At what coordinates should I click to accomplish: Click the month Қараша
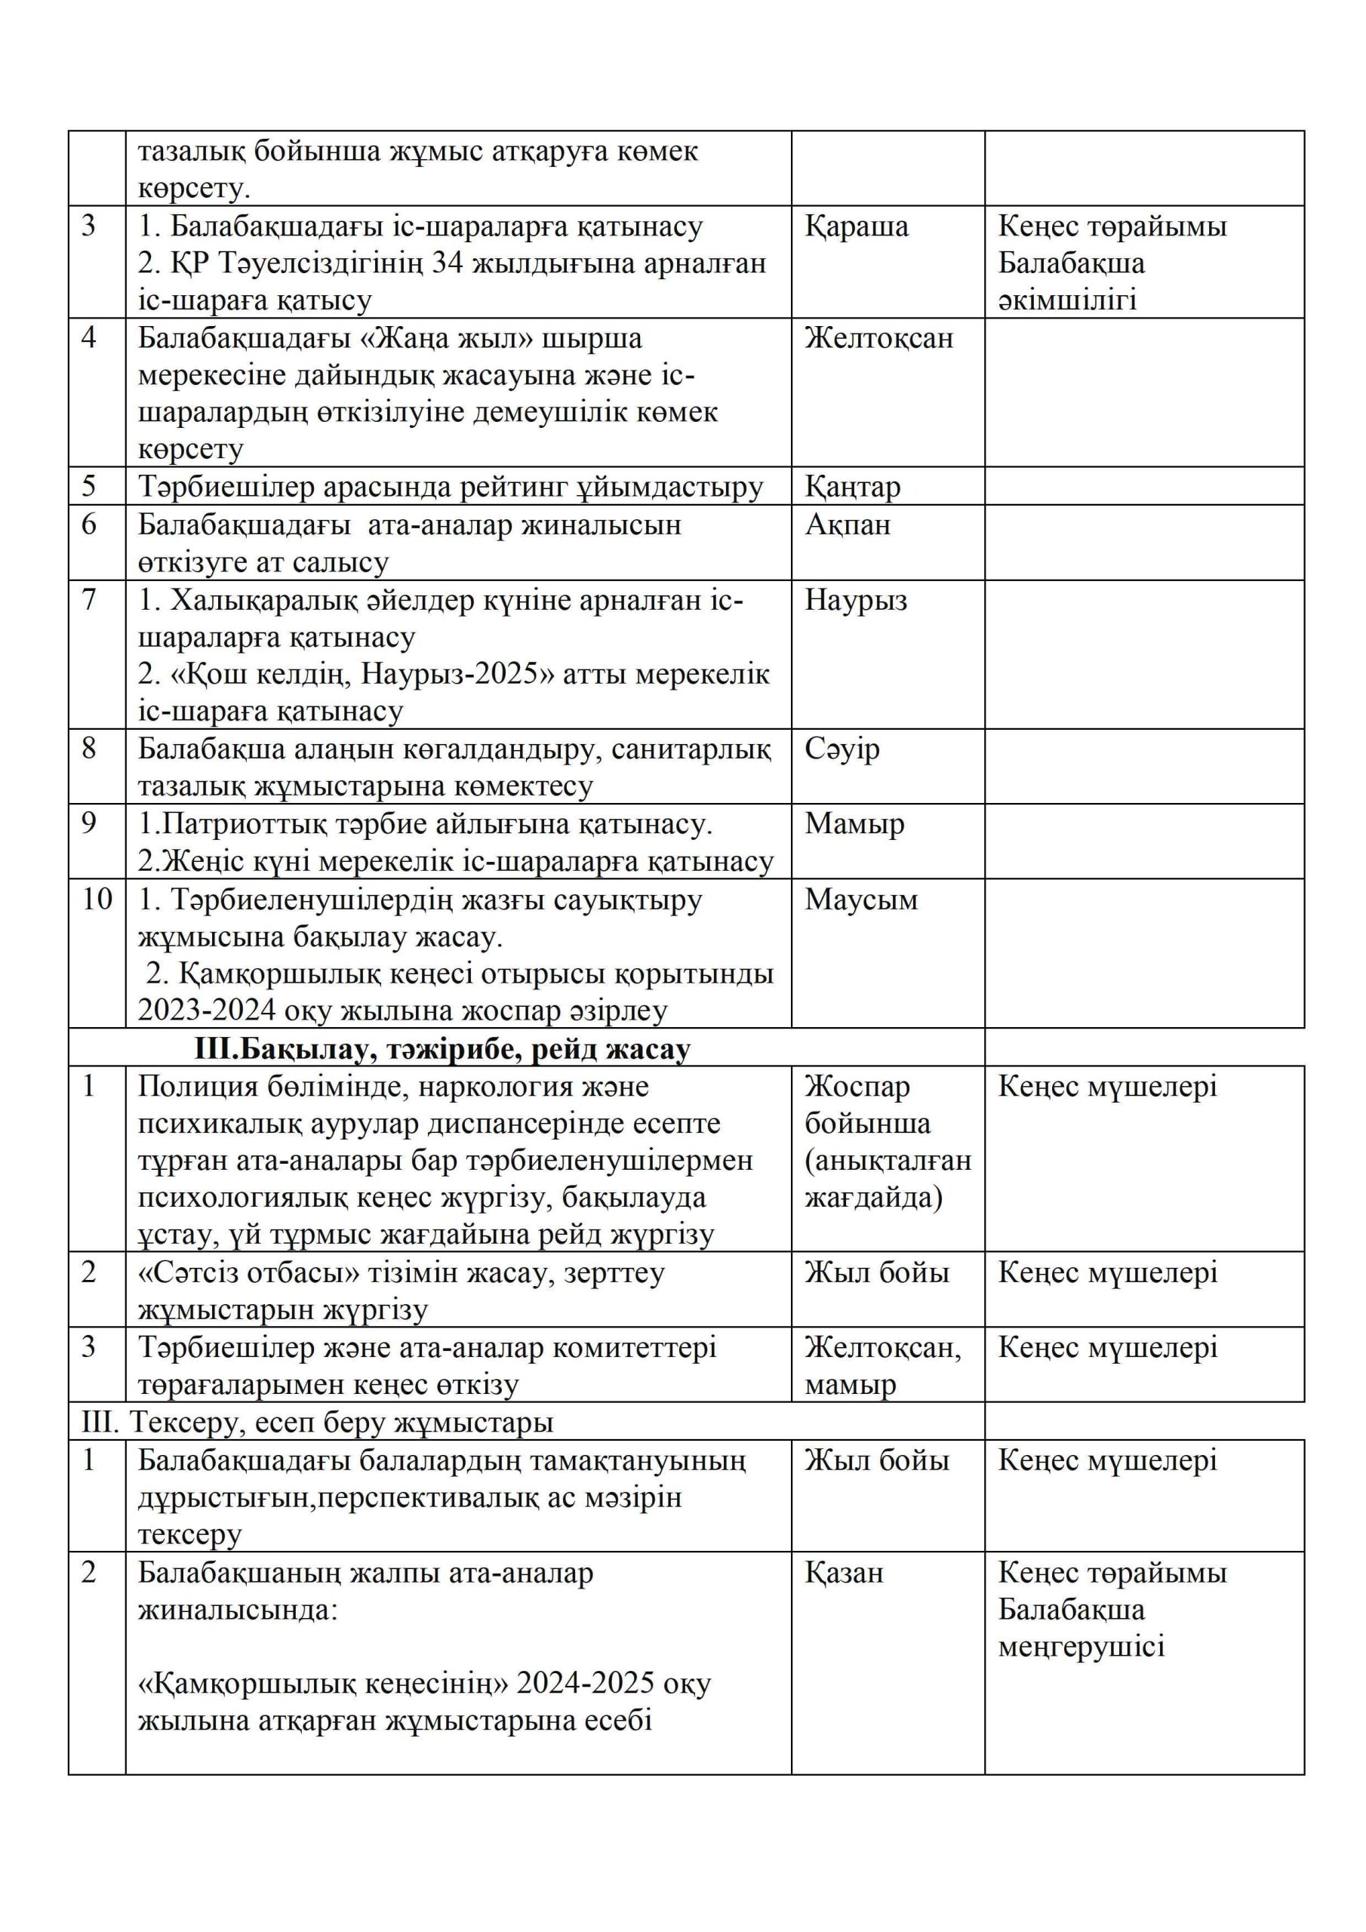point(856,226)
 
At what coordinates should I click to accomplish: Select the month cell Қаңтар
point(852,486)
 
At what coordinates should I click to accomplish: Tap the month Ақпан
point(847,525)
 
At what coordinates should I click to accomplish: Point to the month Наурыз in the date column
point(855,600)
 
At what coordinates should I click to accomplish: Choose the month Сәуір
point(841,748)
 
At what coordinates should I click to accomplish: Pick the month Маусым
point(860,899)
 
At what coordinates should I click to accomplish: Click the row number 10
point(97,899)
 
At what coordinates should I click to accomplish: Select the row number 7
point(89,600)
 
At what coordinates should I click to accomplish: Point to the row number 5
point(89,486)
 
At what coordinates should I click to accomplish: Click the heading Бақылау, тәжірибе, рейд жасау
point(441,1048)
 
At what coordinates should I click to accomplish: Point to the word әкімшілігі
point(1067,300)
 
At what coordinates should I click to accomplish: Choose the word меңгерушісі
point(1081,1647)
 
